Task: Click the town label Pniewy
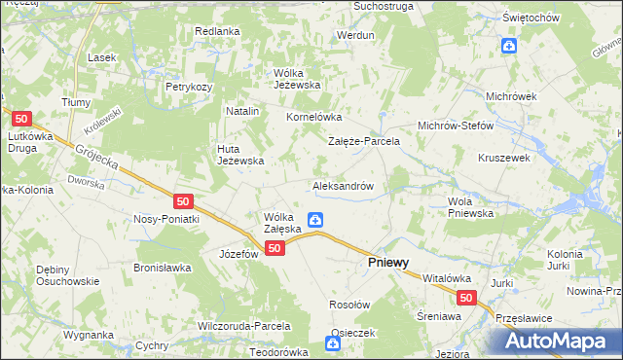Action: click(387, 263)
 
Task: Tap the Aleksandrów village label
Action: click(344, 184)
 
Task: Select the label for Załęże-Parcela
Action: click(364, 141)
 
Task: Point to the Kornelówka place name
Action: click(311, 117)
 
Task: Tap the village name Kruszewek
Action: click(503, 157)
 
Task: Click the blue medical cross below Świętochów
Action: click(508, 45)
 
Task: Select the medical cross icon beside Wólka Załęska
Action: click(315, 221)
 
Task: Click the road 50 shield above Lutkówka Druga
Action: click(24, 119)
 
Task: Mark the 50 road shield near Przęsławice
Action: click(467, 299)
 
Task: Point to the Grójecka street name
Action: click(96, 156)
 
